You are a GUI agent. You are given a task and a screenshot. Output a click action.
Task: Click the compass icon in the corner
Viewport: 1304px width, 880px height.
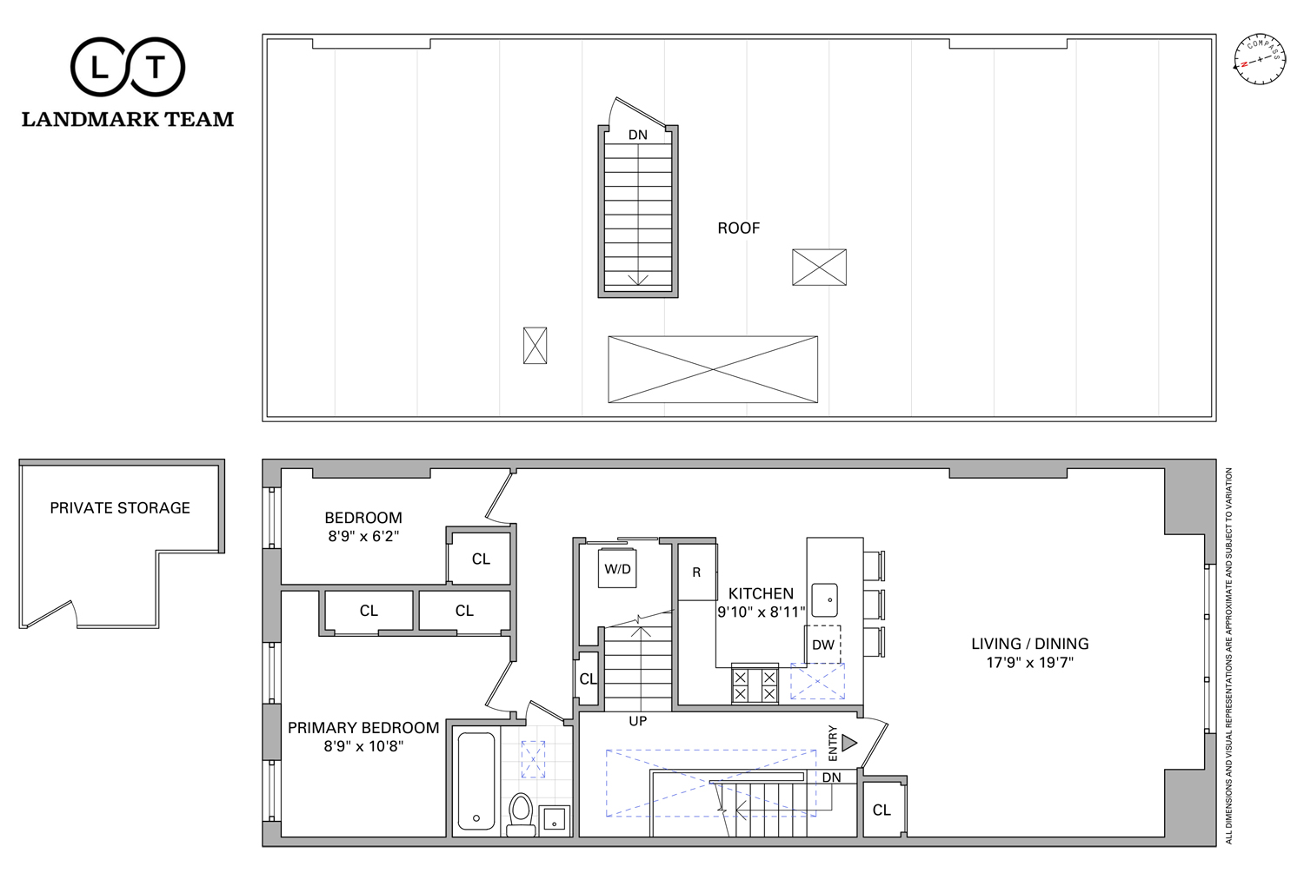[1260, 59]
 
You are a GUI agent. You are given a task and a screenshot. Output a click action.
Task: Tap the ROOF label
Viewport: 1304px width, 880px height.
[738, 228]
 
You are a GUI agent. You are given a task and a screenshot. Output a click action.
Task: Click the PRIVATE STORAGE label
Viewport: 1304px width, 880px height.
[120, 508]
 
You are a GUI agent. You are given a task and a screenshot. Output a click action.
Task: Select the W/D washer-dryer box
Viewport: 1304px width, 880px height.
[617, 567]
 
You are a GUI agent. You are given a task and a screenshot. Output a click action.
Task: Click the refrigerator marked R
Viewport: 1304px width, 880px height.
[697, 572]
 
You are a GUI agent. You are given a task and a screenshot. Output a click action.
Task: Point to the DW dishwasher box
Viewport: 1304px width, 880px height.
[822, 645]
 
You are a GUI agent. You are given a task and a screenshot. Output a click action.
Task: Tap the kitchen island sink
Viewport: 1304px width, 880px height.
[824, 600]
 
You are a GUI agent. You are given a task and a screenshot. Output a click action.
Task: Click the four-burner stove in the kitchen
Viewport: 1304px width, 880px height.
[755, 685]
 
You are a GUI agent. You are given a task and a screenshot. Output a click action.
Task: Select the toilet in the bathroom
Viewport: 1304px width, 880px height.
[521, 814]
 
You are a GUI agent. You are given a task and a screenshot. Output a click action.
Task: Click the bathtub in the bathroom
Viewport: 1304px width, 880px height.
[476, 781]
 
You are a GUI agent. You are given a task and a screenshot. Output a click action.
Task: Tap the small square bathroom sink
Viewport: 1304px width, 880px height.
[554, 821]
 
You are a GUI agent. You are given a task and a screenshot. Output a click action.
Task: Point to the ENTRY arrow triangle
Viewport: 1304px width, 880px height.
[849, 743]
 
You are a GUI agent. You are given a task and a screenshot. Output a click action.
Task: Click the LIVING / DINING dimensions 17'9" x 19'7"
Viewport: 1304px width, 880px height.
[1030, 663]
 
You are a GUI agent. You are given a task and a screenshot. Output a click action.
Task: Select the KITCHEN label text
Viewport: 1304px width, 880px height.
[761, 593]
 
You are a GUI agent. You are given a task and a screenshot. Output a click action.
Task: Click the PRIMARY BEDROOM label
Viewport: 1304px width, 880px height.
[363, 728]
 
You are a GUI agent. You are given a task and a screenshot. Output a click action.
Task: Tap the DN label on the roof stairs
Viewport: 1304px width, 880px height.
[637, 135]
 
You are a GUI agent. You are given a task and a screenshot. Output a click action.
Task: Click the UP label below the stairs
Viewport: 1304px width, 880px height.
[637, 721]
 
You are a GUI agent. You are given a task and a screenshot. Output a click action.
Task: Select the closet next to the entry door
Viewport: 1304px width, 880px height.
[883, 809]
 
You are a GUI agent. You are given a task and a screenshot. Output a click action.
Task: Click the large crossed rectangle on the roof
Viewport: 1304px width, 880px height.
[713, 369]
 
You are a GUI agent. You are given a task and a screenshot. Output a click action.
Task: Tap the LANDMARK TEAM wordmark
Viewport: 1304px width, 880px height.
[128, 119]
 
